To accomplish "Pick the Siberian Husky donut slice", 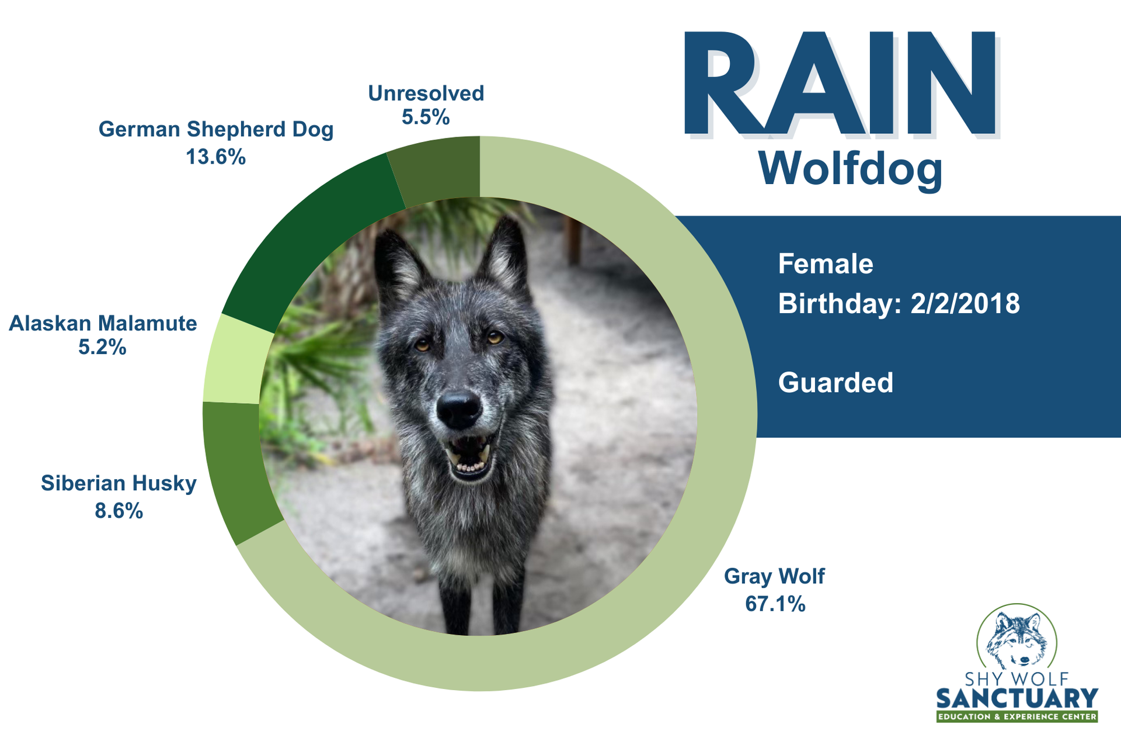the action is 239,467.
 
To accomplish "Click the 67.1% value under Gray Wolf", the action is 775,604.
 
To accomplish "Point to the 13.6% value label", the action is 215,157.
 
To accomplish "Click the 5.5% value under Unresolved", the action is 426,117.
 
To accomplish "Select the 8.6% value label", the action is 119,511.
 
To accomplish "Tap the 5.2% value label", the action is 102,348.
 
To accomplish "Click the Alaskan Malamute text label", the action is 103,323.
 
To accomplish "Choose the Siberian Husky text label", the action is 119,483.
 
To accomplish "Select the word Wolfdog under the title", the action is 851,169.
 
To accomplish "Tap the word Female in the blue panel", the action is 826,264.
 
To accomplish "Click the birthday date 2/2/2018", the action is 965,304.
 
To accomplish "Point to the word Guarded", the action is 835,383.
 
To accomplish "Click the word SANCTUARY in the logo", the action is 1017,698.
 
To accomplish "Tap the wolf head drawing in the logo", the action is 1016,640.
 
